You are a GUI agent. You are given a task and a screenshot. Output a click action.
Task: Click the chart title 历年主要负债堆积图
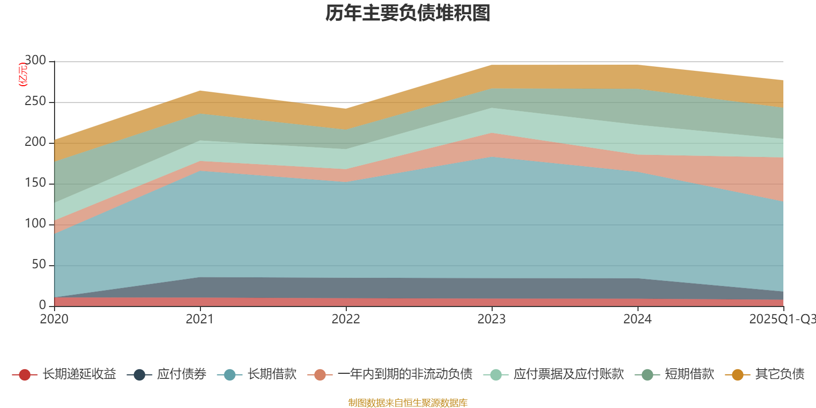(x=408, y=13)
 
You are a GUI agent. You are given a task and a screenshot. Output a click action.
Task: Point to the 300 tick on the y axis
(x=35, y=61)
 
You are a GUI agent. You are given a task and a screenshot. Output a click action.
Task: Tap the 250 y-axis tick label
(x=35, y=101)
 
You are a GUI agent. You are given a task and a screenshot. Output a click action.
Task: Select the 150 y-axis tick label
(x=35, y=183)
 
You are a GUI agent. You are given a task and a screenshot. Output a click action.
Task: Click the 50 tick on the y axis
(x=39, y=265)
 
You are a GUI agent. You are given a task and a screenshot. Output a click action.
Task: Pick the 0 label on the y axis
(x=42, y=305)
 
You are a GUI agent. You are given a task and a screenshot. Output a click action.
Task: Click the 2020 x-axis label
(x=54, y=319)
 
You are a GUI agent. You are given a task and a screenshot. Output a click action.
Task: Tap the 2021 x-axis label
(x=200, y=319)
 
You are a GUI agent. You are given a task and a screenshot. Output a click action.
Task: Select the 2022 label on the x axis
(x=346, y=319)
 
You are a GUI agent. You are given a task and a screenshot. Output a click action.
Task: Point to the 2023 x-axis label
(x=492, y=319)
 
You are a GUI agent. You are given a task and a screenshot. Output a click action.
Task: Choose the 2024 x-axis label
(x=637, y=319)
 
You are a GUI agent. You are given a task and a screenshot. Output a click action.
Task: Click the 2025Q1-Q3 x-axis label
(x=781, y=319)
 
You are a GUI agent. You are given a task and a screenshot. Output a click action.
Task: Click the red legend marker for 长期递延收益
(x=24, y=375)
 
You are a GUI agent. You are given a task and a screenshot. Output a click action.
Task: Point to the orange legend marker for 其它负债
(x=737, y=375)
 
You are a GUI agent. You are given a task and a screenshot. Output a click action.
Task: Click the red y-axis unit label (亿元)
(x=22, y=74)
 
